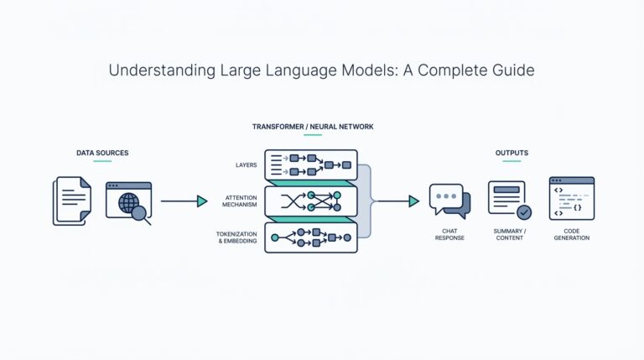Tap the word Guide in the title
click(507, 70)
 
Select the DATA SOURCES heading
click(102, 153)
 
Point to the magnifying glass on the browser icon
click(140, 213)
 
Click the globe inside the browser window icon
click(127, 201)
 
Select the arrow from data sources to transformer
click(183, 201)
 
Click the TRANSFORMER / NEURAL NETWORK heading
click(313, 127)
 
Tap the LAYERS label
click(246, 164)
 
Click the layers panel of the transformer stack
click(311, 164)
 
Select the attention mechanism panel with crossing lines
click(311, 201)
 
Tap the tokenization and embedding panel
click(311, 237)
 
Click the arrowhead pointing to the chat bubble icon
click(413, 201)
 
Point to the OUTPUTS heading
click(512, 153)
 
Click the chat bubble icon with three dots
click(449, 201)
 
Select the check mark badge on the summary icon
click(524, 213)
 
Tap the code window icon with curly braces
click(571, 199)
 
